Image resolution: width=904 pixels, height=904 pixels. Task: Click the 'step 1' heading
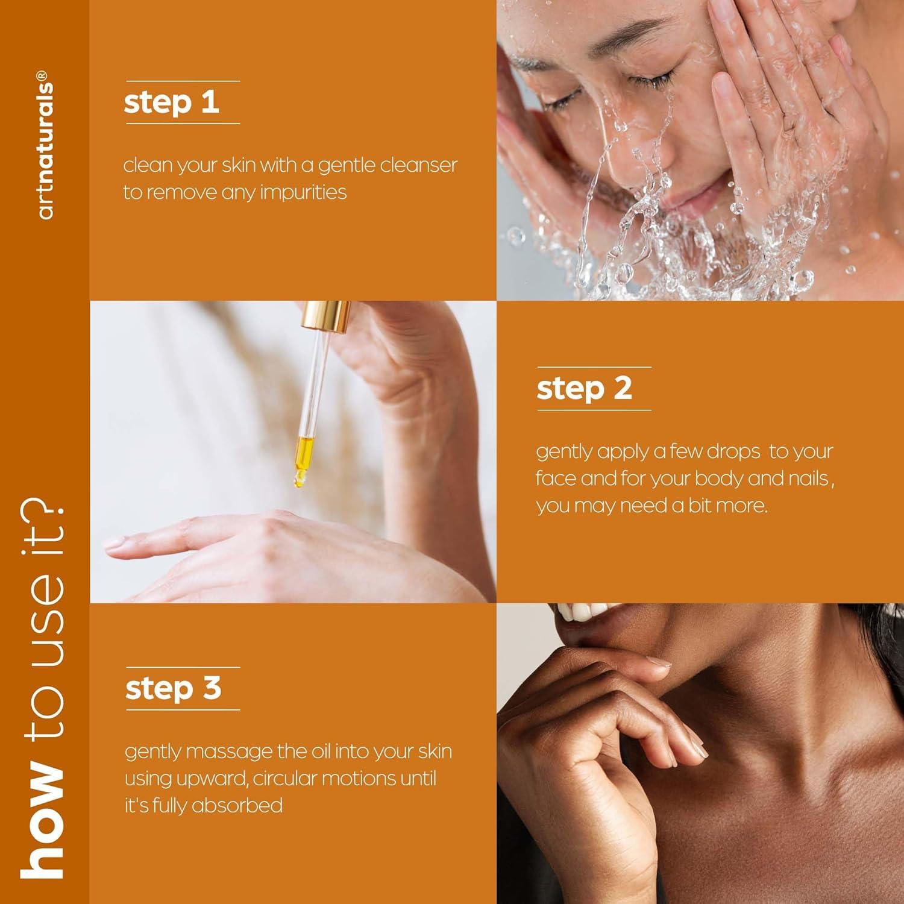click(x=171, y=102)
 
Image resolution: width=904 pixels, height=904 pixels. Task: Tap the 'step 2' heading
click(x=584, y=389)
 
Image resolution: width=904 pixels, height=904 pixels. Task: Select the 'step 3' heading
click(x=173, y=689)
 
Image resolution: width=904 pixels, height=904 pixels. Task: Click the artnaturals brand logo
click(x=45, y=145)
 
